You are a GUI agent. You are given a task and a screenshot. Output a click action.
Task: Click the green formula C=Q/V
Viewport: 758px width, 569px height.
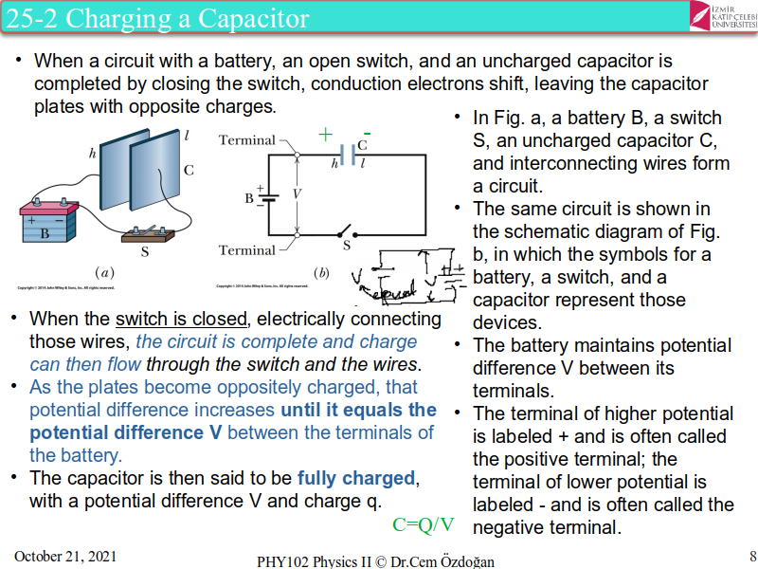tap(424, 524)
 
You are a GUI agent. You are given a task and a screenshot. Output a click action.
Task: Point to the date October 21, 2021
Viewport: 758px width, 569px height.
tap(65, 556)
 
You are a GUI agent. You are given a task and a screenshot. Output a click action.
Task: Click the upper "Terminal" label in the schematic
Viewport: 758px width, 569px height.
tap(246, 140)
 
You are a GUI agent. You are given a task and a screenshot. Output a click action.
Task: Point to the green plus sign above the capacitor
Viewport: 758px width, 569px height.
tap(326, 134)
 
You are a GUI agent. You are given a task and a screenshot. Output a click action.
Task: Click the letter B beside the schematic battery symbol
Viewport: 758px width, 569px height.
tap(249, 198)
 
